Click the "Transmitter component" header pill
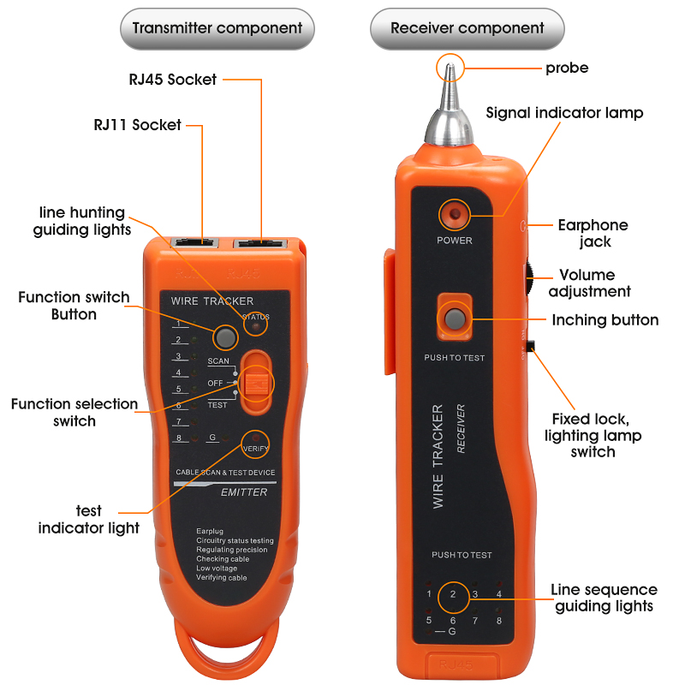click(217, 28)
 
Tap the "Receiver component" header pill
click(468, 28)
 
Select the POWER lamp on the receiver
click(454, 214)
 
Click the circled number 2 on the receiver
click(453, 594)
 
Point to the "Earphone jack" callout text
click(593, 234)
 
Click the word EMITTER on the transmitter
click(245, 492)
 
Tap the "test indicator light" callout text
click(88, 520)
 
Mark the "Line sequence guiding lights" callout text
click(604, 598)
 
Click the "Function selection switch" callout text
click(74, 412)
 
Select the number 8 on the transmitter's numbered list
click(178, 438)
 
